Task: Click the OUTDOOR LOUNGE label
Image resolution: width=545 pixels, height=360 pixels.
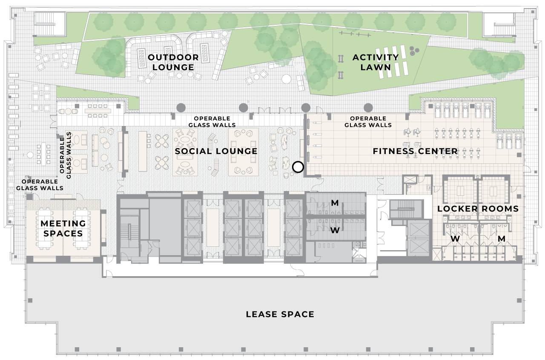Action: (x=173, y=62)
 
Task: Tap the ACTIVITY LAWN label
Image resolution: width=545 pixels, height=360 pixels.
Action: (x=376, y=62)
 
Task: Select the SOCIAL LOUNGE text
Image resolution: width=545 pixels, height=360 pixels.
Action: (x=216, y=151)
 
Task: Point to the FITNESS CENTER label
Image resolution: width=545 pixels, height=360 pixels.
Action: (x=415, y=151)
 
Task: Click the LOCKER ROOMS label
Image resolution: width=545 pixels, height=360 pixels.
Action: (x=478, y=209)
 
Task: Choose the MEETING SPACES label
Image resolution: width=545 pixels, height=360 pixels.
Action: (x=63, y=229)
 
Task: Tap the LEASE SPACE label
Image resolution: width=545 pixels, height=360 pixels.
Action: (x=280, y=314)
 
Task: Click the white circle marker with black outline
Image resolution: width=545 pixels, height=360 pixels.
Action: (x=298, y=167)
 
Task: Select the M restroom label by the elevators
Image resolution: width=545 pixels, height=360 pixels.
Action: (x=335, y=203)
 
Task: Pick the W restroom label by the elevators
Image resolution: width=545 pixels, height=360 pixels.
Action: (x=335, y=230)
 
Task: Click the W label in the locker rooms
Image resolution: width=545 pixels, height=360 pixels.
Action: (x=455, y=239)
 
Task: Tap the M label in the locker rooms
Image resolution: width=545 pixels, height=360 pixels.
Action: (x=502, y=239)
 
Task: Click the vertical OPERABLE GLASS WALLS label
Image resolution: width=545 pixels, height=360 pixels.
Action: (x=65, y=155)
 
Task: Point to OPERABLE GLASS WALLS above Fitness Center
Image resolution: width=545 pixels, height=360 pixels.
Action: (x=368, y=122)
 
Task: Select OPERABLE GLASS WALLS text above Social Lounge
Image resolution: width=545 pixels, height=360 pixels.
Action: (x=212, y=122)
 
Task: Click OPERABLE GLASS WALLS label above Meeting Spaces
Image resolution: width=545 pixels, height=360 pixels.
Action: (x=40, y=185)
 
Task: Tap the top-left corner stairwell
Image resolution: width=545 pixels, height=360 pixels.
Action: (x=50, y=24)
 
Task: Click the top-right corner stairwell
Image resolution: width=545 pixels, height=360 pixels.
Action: (x=499, y=24)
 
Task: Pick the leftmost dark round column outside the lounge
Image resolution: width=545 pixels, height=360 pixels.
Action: (x=181, y=108)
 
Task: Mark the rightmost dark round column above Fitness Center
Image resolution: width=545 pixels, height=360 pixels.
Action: (x=368, y=108)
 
